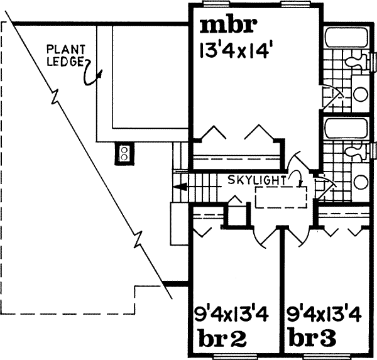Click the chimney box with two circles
124,153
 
